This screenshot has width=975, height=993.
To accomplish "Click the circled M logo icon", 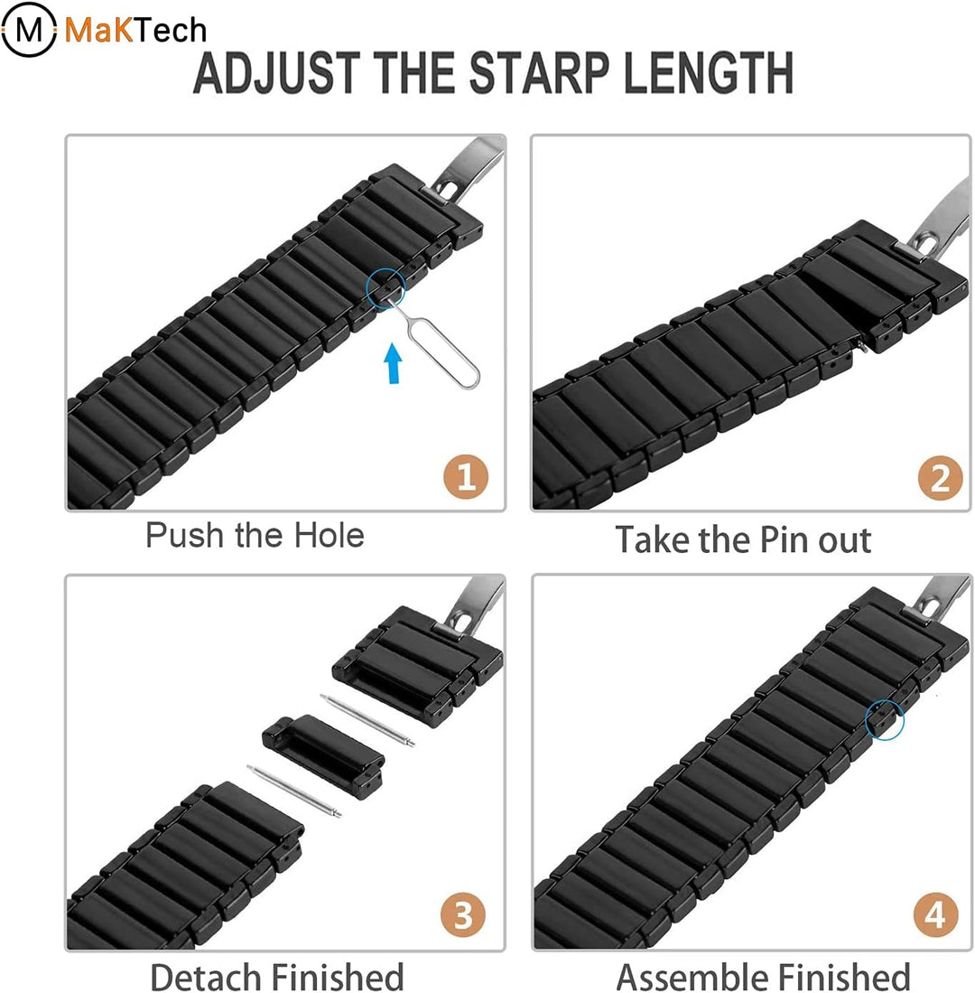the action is click(x=29, y=29).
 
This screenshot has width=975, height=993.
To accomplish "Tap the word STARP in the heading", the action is click(x=538, y=73).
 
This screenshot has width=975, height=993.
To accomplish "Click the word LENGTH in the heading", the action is click(x=708, y=73).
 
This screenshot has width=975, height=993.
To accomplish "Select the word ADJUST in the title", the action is click(x=276, y=73).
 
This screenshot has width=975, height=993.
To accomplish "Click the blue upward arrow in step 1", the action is click(x=393, y=363).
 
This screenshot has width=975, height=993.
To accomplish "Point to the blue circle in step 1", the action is click(x=386, y=288).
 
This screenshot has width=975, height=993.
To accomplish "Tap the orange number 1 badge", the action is click(x=466, y=476).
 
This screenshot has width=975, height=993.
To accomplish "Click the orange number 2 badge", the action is click(x=940, y=477).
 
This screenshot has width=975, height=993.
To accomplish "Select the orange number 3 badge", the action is click(x=463, y=915).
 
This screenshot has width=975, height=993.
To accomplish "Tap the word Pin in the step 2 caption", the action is click(x=784, y=540).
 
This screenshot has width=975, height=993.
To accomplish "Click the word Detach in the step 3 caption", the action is click(x=205, y=976).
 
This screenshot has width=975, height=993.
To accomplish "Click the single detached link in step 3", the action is click(x=323, y=756).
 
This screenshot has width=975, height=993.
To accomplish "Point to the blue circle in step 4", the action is click(x=885, y=719).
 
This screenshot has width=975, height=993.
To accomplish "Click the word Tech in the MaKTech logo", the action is click(x=171, y=31).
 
